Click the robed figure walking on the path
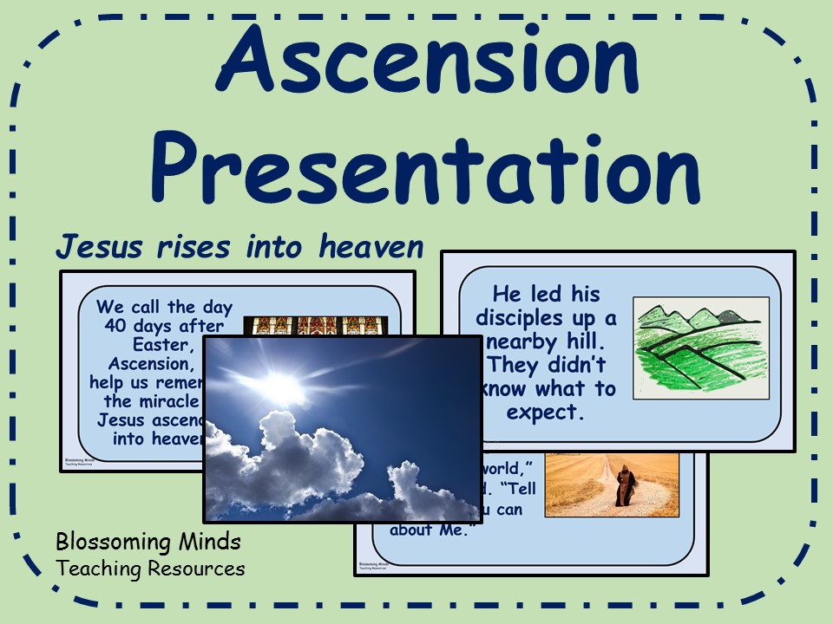point(623,485)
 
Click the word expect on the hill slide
point(542,412)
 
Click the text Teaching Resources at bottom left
point(149,569)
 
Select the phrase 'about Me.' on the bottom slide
point(429,530)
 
